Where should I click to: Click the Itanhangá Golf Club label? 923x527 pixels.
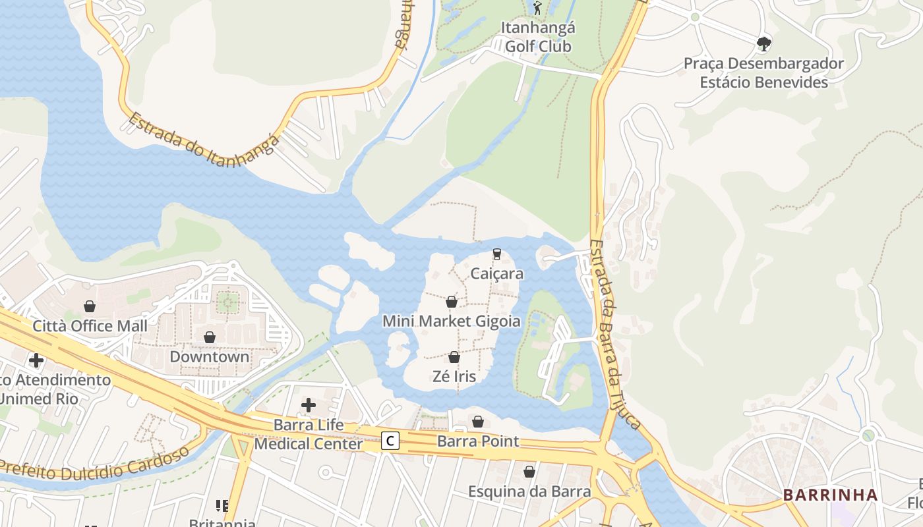[538, 38]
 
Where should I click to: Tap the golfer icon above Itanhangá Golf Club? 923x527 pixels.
[537, 9]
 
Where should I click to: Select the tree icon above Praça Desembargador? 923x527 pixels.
[763, 44]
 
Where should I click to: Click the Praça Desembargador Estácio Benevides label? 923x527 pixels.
[763, 73]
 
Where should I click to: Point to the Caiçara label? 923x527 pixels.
[497, 273]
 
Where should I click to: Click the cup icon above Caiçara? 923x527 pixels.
[497, 254]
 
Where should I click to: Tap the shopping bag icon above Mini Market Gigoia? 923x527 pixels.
[452, 302]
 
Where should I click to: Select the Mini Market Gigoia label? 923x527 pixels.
[452, 321]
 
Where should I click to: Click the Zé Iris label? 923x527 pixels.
[454, 377]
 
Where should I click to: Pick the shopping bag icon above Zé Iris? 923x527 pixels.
[454, 357]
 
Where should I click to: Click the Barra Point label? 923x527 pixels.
[478, 441]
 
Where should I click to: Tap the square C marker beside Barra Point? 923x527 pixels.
[391, 441]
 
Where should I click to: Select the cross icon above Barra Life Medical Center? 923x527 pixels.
[308, 404]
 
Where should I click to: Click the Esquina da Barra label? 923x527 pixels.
[529, 491]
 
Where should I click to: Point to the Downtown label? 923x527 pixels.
[210, 357]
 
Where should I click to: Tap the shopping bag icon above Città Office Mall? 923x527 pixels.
[90, 306]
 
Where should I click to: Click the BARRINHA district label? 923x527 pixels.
[830, 495]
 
